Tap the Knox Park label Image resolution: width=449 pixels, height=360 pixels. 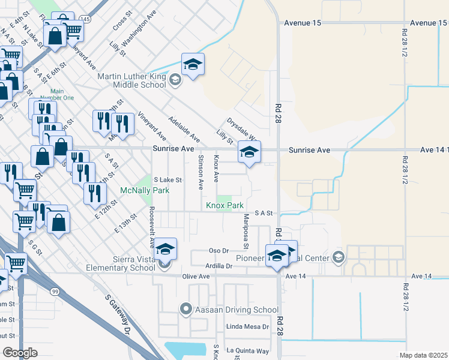[224, 205]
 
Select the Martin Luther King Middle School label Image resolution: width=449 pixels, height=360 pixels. [132, 80]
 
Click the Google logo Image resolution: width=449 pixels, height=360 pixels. [20, 352]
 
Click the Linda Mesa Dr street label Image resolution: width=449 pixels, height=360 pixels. [247, 327]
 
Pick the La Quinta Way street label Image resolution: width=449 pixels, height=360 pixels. [247, 350]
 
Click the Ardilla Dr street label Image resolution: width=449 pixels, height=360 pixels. [218, 265]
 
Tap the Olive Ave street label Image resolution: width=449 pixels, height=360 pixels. [196, 277]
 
